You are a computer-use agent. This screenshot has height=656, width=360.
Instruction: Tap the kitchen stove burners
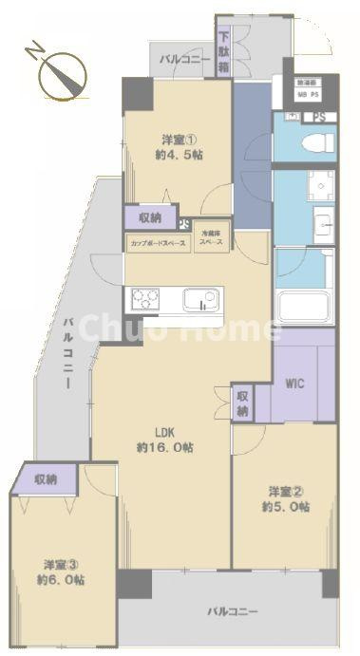[x=145, y=300]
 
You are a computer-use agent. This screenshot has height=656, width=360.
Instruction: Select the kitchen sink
[x=202, y=301]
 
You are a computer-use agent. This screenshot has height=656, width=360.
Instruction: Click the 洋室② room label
[x=285, y=491]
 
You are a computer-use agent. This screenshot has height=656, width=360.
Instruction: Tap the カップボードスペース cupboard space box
[x=158, y=243]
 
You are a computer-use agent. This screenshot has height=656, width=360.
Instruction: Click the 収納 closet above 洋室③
[x=44, y=479]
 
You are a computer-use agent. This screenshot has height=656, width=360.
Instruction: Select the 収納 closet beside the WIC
[x=243, y=403]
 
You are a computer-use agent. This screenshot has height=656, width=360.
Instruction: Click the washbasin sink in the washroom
[x=320, y=225]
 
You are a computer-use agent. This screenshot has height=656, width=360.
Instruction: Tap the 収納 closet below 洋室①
[x=149, y=218]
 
